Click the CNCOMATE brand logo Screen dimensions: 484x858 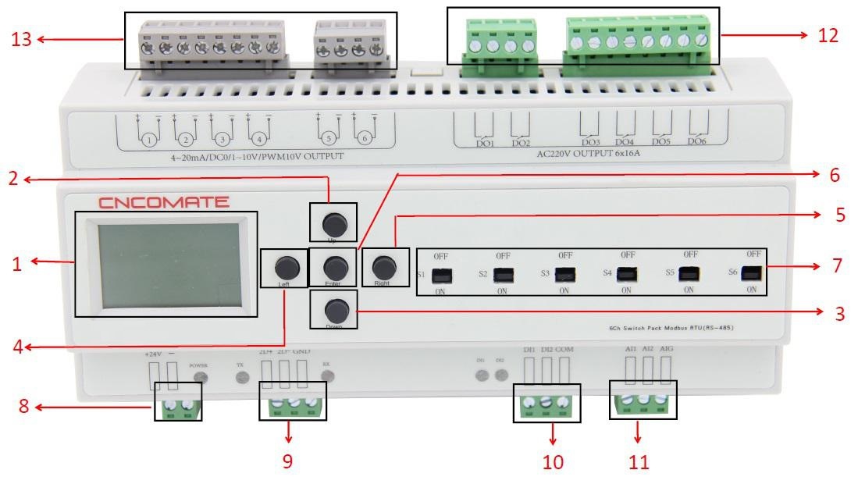point(163,203)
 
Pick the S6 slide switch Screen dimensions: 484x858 point(751,273)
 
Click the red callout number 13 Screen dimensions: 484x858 point(21,38)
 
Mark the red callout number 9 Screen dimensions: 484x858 point(288,461)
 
